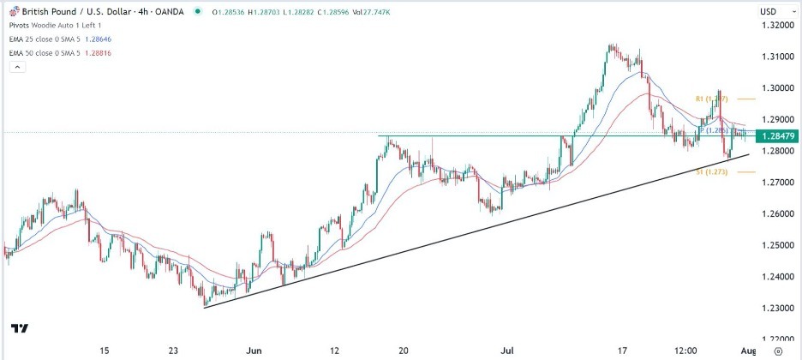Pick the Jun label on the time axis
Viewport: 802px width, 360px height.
(x=254, y=351)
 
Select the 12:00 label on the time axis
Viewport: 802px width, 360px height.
(x=685, y=351)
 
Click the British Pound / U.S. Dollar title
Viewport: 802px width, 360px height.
(x=80, y=11)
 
